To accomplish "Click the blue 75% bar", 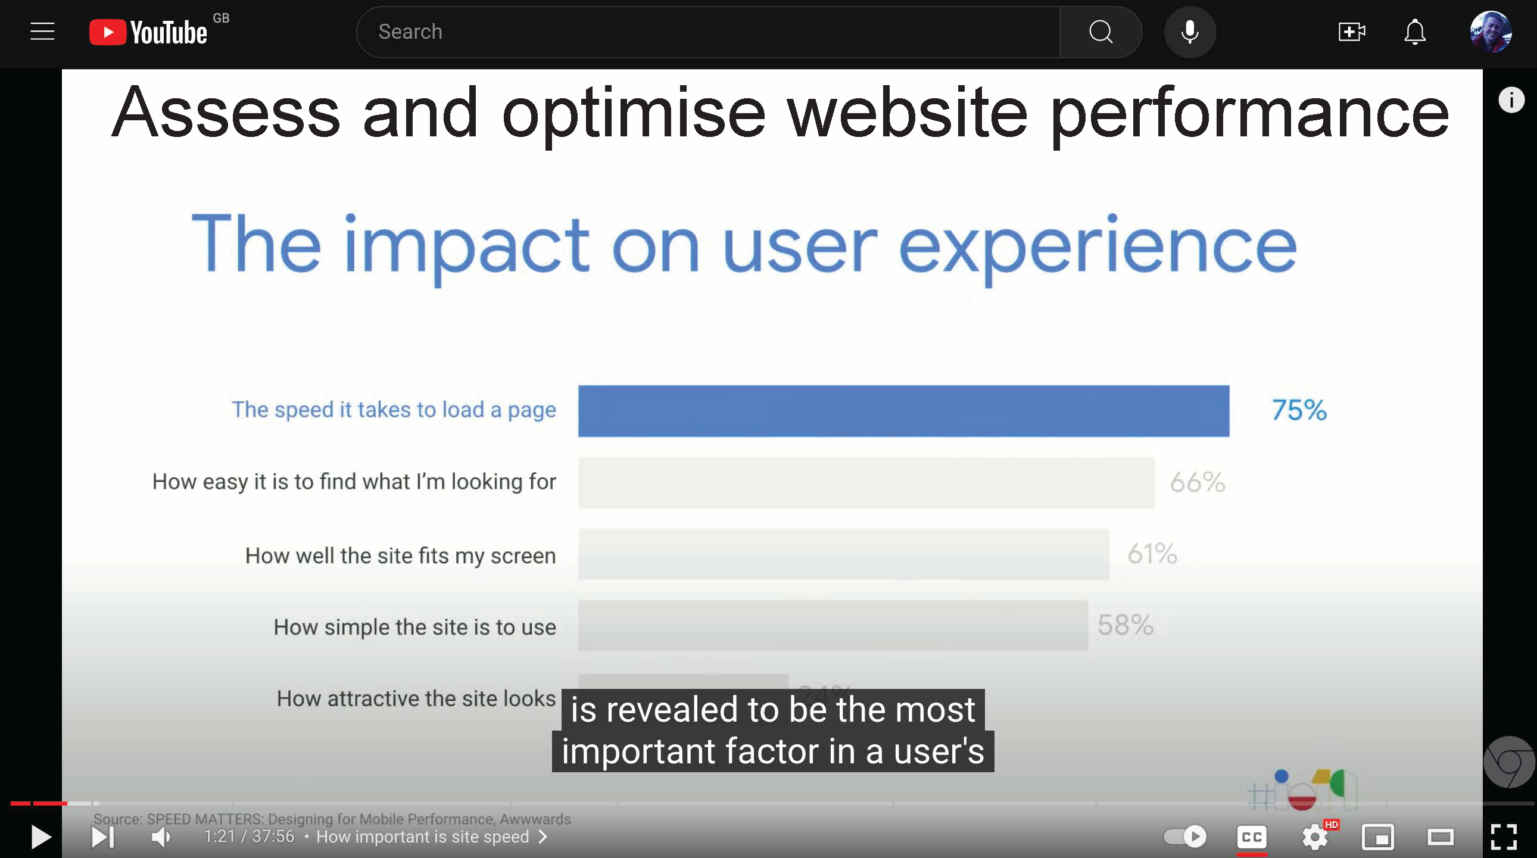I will (903, 410).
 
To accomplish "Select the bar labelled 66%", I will (866, 482).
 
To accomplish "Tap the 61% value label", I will (1152, 554).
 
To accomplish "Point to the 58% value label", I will (1125, 625).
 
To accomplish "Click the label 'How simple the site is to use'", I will (414, 627).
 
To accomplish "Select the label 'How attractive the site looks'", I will (416, 698).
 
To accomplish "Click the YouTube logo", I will (148, 32).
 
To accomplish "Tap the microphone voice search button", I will (1189, 32).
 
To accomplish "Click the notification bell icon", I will (1414, 32).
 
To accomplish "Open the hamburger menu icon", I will (42, 32).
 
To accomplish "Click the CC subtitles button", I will (1251, 837).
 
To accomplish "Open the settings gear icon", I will (1314, 837).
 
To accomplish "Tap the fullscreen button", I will (1503, 837).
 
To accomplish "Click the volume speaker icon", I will (161, 837).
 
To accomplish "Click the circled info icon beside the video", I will (1510, 99).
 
